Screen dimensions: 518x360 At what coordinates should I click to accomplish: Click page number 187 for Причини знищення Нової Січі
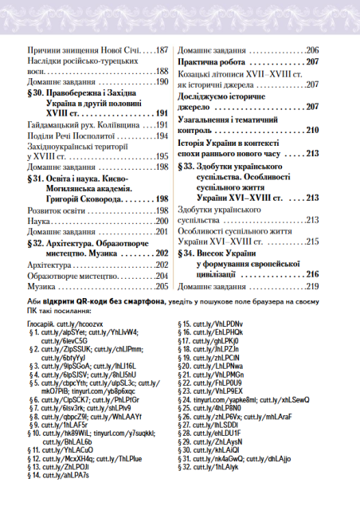161,49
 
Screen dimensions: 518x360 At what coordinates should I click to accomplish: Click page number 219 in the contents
311,285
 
